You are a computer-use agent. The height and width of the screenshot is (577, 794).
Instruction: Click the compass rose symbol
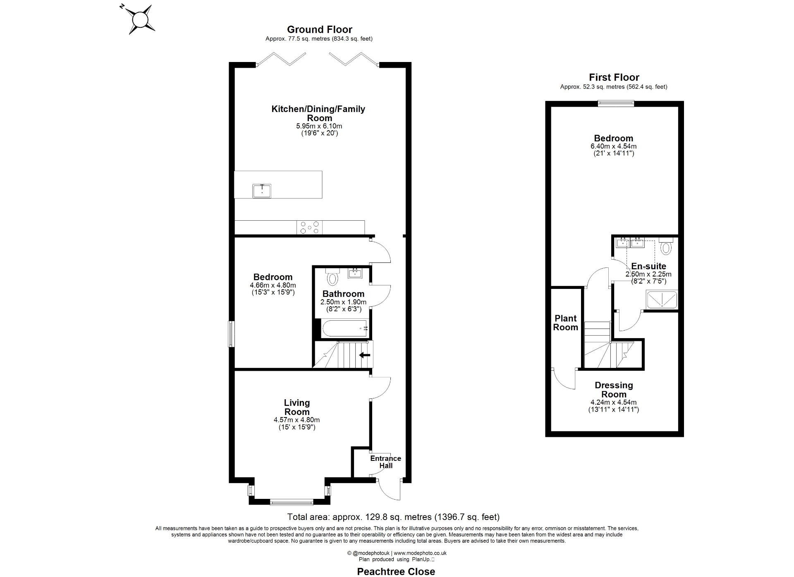coord(140,19)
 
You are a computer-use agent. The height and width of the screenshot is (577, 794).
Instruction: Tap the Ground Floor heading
coord(319,29)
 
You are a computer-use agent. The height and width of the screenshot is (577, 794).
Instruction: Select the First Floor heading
coord(614,77)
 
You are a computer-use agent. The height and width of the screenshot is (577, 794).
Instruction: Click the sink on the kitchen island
coord(262,191)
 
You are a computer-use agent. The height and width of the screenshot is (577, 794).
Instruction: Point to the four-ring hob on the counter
coord(310,227)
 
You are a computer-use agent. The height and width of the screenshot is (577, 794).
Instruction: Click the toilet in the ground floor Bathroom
coord(332,278)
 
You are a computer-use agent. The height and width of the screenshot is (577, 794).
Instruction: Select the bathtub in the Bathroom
coord(344,328)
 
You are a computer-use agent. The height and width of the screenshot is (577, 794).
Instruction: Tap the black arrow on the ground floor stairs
coord(364,355)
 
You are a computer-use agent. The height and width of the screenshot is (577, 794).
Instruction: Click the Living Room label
coord(297,407)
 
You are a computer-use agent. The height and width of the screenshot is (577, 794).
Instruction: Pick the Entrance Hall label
coord(385,462)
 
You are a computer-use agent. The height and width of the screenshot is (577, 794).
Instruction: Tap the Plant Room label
coord(565,323)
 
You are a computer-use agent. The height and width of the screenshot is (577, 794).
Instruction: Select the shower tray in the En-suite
coord(662,300)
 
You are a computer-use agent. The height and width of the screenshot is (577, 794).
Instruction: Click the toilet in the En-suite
coord(666,248)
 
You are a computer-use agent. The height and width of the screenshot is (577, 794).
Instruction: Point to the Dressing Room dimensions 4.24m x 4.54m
coord(613,402)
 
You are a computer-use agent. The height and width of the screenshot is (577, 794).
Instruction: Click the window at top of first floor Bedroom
coord(615,104)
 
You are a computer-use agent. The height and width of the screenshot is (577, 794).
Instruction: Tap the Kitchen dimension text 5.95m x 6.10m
coord(319,126)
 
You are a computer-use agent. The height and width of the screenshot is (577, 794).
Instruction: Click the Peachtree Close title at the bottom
coord(396,571)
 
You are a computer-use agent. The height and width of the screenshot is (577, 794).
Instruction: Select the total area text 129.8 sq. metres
coord(393,517)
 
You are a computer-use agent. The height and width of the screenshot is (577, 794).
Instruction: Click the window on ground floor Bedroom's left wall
coord(232,334)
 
